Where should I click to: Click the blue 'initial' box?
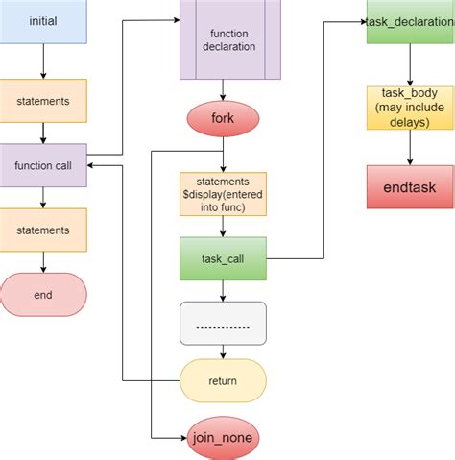(x=43, y=21)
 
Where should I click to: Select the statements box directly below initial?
(x=43, y=100)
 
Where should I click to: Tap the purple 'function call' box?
(x=43, y=165)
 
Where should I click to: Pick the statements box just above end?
(x=43, y=230)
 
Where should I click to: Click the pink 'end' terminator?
(x=43, y=295)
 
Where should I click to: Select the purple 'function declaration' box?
(x=223, y=40)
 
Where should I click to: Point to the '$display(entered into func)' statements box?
(x=223, y=193)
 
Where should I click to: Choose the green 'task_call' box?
(x=223, y=258)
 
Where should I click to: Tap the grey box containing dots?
(x=223, y=324)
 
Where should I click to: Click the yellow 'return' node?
(x=223, y=381)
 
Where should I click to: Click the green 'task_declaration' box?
(x=410, y=22)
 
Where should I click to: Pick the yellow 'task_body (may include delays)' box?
(x=410, y=109)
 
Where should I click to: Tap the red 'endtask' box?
(x=410, y=186)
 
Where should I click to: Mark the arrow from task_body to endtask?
(x=410, y=147)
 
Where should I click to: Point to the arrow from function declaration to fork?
(x=223, y=89)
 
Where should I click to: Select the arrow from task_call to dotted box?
(x=223, y=291)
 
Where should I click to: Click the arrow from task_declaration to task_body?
(x=410, y=64)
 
